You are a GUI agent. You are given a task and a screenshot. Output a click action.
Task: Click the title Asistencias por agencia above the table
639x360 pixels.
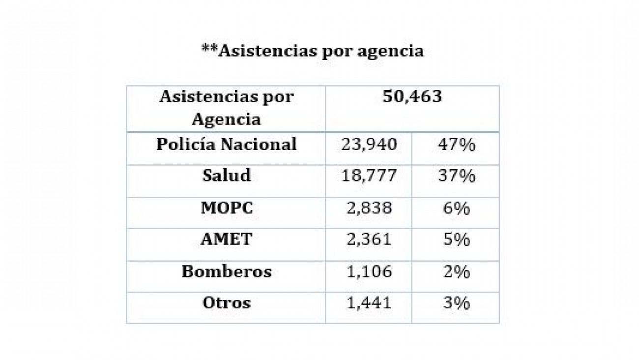click(313, 51)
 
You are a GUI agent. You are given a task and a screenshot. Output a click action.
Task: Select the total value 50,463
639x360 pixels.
click(412, 96)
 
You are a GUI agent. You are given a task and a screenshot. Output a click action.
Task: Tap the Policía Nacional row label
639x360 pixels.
click(227, 145)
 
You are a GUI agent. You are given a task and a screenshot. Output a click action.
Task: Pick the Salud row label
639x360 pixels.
click(227, 176)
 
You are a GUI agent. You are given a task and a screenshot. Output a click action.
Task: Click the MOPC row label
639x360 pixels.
click(227, 208)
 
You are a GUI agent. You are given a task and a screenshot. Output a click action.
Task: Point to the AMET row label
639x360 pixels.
click(227, 240)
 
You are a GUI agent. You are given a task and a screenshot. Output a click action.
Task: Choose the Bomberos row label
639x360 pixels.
click(227, 271)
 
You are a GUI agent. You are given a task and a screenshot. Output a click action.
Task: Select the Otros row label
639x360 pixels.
click(227, 303)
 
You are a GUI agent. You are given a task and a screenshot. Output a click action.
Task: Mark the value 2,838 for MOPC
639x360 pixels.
click(369, 208)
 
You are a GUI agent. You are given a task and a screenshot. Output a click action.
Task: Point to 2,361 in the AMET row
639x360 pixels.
click(369, 240)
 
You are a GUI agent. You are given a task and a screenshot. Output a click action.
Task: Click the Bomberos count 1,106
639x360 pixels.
click(369, 271)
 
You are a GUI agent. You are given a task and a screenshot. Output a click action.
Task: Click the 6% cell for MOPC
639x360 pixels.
click(456, 208)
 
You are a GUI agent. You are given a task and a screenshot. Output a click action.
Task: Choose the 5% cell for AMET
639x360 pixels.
click(456, 240)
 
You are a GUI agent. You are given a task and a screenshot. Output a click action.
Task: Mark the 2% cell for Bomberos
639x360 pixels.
click(456, 271)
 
